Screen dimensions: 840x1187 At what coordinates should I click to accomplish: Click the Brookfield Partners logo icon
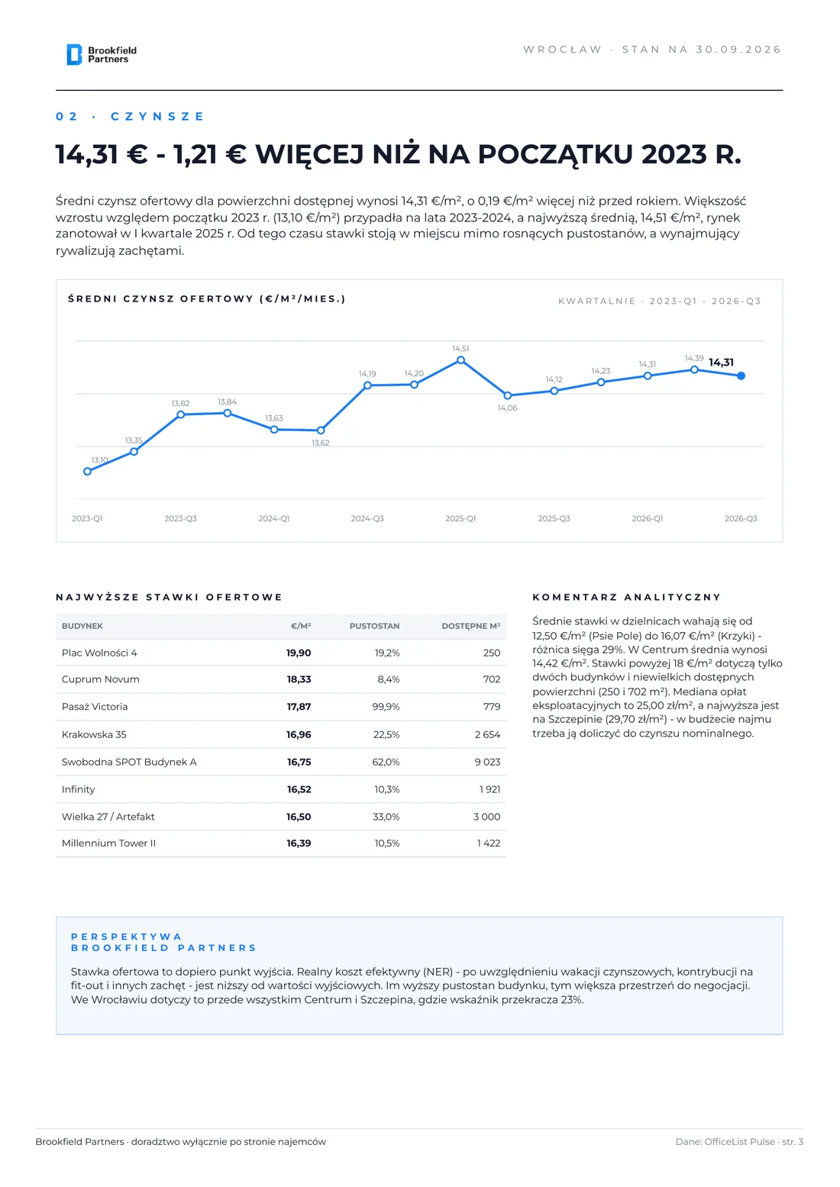click(74, 55)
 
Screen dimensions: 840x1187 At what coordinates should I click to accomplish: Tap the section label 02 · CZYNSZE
click(130, 117)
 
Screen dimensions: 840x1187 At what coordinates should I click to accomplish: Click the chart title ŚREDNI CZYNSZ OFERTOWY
click(207, 299)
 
